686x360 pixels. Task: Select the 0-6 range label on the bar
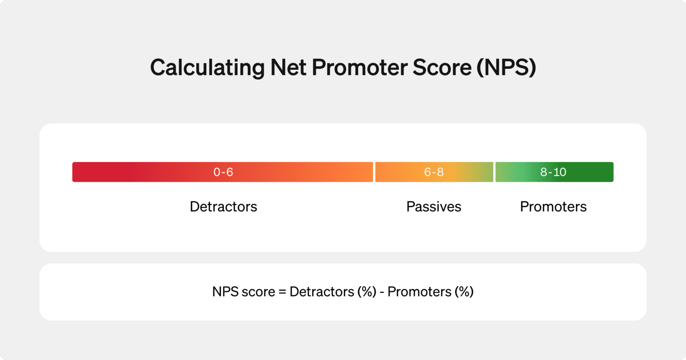coord(223,172)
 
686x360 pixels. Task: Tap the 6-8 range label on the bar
coord(434,172)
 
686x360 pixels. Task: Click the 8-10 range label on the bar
coord(553,172)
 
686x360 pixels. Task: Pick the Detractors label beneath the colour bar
coord(223,207)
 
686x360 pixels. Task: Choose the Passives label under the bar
coord(434,207)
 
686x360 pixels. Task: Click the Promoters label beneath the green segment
coord(553,207)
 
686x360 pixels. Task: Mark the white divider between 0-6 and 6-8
coord(374,172)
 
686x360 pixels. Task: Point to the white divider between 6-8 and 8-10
coord(494,172)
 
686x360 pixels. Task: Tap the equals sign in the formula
coord(282,292)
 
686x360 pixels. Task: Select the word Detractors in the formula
coord(321,292)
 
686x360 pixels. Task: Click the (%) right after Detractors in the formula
coord(366,292)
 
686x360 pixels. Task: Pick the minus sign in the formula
coord(382,292)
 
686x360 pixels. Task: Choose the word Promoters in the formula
coord(419,292)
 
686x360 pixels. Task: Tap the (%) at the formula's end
coord(464,292)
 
